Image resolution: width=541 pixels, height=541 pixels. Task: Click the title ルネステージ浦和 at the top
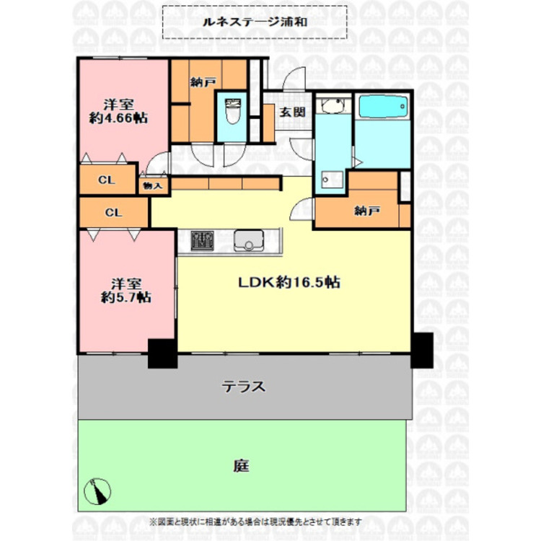(254, 22)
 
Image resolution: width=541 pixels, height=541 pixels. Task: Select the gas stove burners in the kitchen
(203, 240)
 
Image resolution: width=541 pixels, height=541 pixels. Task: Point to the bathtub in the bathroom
(382, 107)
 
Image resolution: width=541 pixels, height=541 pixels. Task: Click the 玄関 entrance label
(292, 112)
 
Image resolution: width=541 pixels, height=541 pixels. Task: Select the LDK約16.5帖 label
(290, 283)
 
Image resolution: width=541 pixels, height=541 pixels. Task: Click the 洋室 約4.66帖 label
(118, 111)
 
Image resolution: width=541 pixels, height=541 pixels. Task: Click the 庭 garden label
(241, 465)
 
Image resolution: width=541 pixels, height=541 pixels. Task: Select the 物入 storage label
(153, 185)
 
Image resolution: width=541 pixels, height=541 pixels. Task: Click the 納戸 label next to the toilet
(202, 82)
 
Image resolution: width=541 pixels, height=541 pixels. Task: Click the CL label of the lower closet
(113, 213)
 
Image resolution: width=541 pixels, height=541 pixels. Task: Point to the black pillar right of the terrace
(422, 351)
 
